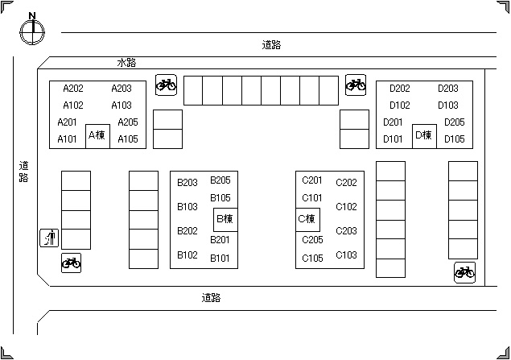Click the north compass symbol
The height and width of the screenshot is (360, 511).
tap(31, 31)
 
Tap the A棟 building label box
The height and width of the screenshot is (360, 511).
tap(97, 135)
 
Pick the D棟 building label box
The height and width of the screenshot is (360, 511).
tap(424, 135)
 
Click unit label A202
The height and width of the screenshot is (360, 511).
tap(73, 89)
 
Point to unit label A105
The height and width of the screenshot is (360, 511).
tap(128, 139)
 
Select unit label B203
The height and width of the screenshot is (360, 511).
tap(188, 183)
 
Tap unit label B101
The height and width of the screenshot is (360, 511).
tap(220, 259)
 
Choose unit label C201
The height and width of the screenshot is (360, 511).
tap(312, 180)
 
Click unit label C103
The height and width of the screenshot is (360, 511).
tap(346, 255)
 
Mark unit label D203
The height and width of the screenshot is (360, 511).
tap(448, 89)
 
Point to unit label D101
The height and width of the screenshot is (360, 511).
tap(394, 139)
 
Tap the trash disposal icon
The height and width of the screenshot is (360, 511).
tap(50, 238)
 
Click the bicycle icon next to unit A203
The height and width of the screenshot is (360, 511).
tap(167, 84)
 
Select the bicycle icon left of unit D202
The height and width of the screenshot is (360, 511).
tap(355, 84)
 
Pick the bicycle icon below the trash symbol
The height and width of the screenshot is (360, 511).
tap(71, 263)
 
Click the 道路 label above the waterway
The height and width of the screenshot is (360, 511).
tap(271, 45)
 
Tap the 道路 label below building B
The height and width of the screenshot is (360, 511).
tap(211, 298)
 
